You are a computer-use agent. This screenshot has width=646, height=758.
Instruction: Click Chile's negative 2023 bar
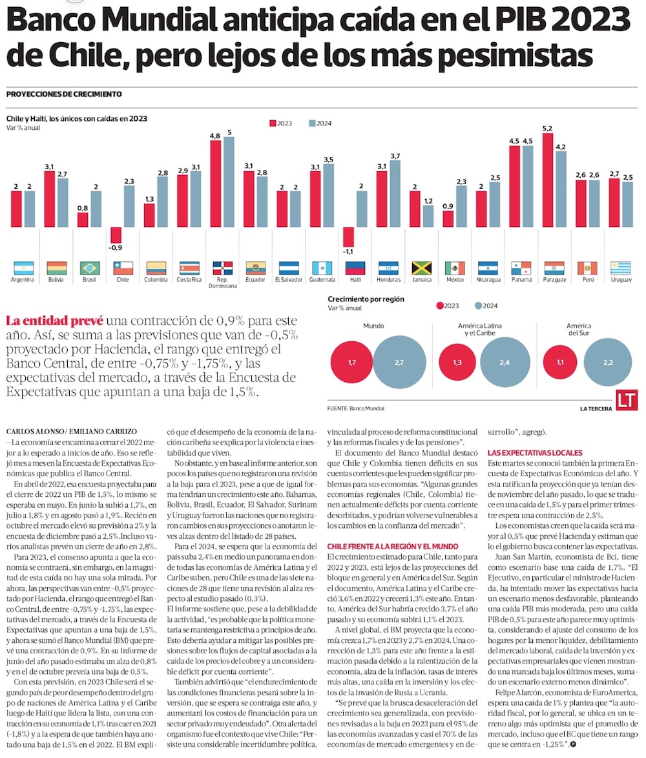pyautogui.click(x=116, y=235)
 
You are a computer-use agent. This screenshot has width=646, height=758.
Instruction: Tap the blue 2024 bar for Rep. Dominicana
pyautogui.click(x=229, y=182)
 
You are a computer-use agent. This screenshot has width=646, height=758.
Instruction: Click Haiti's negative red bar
pyautogui.click(x=349, y=237)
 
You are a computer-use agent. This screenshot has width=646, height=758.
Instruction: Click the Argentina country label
pyautogui.click(x=23, y=280)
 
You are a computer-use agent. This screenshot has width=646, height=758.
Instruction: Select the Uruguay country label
pyautogui.click(x=621, y=280)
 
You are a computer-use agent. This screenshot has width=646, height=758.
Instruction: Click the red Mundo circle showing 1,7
pyautogui.click(x=351, y=364)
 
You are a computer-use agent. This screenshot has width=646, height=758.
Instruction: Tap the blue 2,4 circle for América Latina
pyautogui.click(x=504, y=364)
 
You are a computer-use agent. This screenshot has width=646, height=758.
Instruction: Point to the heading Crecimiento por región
pyautogui.click(x=366, y=299)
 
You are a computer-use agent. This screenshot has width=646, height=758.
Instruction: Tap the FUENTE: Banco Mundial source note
pyautogui.click(x=356, y=409)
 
